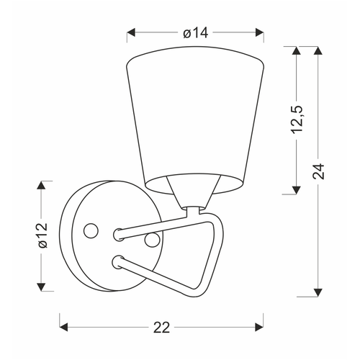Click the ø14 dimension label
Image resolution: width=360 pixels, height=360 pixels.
click(x=195, y=32)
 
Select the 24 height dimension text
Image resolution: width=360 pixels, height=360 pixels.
click(x=318, y=171)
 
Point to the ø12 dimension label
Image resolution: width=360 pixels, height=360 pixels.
click(x=42, y=235)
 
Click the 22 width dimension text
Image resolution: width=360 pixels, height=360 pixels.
click(x=161, y=328)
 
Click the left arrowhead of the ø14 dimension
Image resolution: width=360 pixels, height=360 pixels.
click(x=131, y=32)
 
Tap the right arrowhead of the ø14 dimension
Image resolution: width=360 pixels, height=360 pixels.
click(x=260, y=32)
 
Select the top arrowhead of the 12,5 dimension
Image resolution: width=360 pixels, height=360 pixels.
click(x=297, y=51)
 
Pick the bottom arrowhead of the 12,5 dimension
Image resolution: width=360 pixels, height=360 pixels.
click(x=297, y=190)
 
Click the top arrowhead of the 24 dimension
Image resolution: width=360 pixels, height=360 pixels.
click(x=318, y=51)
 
